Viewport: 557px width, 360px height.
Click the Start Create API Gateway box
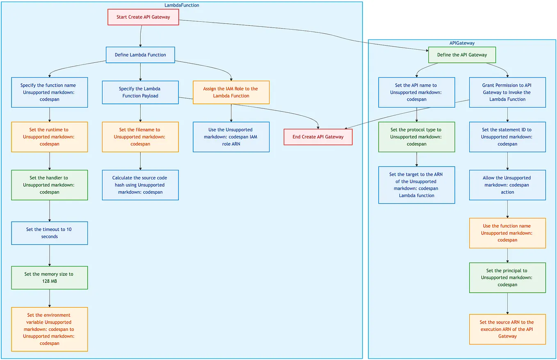coord(143,17)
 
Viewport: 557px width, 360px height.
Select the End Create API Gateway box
coord(318,137)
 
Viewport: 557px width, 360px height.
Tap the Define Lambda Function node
coord(140,55)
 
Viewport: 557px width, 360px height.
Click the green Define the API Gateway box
coord(462,55)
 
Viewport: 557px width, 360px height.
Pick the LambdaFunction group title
coord(182,5)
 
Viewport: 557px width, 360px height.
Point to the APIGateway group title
coord(462,43)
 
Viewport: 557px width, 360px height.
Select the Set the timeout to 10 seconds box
coord(49,233)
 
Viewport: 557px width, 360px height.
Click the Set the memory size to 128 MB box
coord(49,277)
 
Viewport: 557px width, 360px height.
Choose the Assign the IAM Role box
coord(231,92)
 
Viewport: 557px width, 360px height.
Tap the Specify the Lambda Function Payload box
coord(140,92)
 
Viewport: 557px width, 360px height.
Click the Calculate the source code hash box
coord(140,185)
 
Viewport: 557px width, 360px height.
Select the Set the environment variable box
coord(49,329)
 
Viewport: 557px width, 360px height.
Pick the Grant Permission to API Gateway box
coord(507,92)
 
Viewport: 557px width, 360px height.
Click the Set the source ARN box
coord(507,329)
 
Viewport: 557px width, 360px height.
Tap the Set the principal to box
coord(507,277)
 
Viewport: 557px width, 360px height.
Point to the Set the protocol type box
coord(416,137)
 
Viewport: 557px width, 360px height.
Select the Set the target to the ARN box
coord(416,185)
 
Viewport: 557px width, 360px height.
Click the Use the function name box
coord(507,233)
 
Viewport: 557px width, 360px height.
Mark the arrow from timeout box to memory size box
coord(50,255)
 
